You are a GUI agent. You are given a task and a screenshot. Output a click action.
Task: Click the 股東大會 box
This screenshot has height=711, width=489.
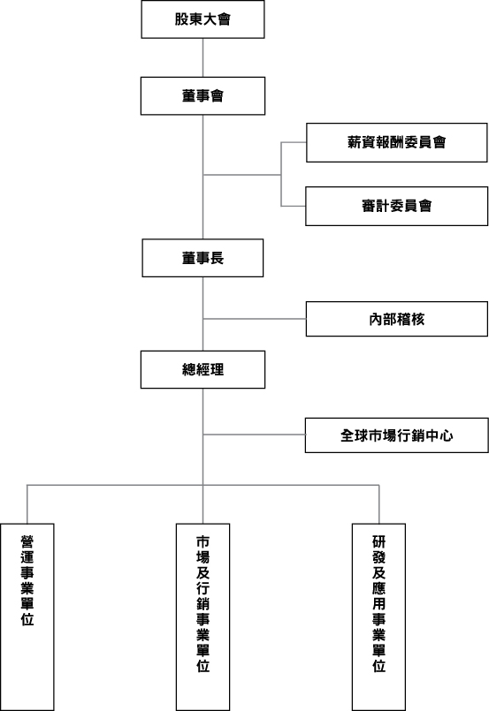[202, 19]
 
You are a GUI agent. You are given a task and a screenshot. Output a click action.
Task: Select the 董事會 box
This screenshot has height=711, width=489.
[202, 95]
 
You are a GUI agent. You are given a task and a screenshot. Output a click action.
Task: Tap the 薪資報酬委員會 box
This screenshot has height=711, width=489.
[396, 142]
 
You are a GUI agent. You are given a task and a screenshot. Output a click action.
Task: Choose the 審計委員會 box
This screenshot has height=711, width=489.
[396, 206]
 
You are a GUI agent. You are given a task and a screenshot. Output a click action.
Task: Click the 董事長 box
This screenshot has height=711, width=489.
[202, 258]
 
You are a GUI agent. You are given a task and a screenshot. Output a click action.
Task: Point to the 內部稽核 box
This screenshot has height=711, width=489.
[396, 319]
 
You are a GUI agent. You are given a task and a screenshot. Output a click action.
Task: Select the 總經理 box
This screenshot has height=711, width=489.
[202, 369]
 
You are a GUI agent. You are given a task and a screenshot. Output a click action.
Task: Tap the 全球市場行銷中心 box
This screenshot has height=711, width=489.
[396, 435]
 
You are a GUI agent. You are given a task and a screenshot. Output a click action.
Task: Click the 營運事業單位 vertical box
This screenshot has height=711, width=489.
[27, 617]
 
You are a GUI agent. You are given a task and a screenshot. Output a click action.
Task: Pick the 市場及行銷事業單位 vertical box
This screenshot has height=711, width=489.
[203, 617]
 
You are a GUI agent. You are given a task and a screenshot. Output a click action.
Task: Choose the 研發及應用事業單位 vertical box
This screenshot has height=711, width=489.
[378, 617]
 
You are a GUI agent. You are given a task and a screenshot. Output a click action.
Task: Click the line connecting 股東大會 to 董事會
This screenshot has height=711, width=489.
[202, 57]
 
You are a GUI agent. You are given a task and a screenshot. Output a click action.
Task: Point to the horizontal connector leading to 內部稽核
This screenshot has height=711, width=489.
[255, 319]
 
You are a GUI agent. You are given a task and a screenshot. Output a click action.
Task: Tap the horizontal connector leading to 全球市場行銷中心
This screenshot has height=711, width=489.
[255, 435]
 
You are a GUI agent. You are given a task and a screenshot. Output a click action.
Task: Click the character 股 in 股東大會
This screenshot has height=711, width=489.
[181, 19]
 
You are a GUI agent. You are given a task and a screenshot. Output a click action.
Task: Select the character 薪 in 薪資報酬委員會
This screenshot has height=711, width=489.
[355, 142]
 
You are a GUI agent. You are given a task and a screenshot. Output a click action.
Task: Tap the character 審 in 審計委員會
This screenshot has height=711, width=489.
[369, 206]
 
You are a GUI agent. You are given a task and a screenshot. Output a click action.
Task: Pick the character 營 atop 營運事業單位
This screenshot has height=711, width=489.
[27, 542]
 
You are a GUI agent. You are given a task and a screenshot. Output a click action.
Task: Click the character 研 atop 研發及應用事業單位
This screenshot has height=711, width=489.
[378, 542]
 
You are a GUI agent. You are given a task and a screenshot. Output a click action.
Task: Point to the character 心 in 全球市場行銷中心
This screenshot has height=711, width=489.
[447, 435]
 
